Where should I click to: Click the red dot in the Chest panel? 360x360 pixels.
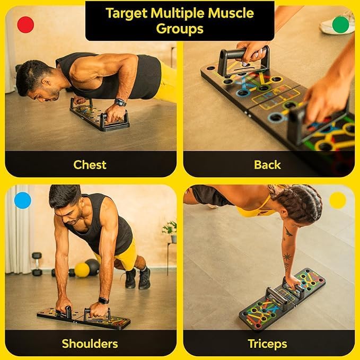pos(25,24)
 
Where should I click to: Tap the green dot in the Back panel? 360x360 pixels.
pos(340,24)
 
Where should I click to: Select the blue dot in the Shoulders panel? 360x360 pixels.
pos(23,200)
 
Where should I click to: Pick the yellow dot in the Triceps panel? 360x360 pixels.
pos(338,200)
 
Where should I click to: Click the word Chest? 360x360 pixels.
pos(90,164)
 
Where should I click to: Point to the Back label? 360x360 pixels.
pos(267,164)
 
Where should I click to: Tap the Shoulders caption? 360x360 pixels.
pos(90,343)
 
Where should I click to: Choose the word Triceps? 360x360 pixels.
pos(267,343)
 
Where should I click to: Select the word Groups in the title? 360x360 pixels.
pos(180,29)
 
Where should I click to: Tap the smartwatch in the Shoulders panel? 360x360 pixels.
pos(103,300)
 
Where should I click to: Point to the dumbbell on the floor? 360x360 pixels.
pos(37,264)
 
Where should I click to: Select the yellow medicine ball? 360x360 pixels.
pos(82,270)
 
